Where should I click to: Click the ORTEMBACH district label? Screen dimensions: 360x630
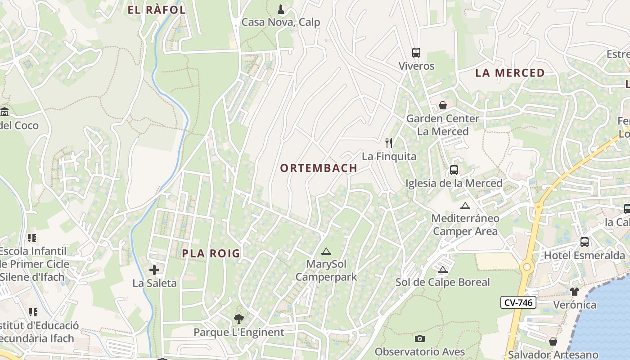pyautogui.click(x=319, y=168)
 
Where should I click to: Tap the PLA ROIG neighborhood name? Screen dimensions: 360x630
pyautogui.click(x=211, y=253)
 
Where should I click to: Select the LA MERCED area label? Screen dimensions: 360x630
pyautogui.click(x=510, y=73)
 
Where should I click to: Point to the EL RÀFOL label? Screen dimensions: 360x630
pyautogui.click(x=157, y=10)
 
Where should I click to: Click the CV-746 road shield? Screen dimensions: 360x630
pyautogui.click(x=518, y=302)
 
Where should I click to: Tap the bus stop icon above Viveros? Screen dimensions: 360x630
pyautogui.click(x=416, y=53)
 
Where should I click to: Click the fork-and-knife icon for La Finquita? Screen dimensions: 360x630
pyautogui.click(x=389, y=143)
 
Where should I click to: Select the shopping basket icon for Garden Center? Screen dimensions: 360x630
pyautogui.click(x=443, y=105)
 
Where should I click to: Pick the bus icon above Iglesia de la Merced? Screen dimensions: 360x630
pyautogui.click(x=454, y=170)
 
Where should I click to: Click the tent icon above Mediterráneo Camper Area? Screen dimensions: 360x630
pyautogui.click(x=465, y=206)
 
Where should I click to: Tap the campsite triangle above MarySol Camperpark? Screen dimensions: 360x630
pyautogui.click(x=326, y=251)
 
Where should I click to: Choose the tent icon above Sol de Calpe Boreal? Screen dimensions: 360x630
pyautogui.click(x=442, y=270)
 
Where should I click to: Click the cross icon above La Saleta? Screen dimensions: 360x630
pyautogui.click(x=154, y=270)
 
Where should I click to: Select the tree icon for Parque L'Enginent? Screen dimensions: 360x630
pyautogui.click(x=238, y=319)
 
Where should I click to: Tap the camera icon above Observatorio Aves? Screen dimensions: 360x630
pyautogui.click(x=419, y=338)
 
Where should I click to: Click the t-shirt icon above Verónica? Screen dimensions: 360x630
pyautogui.click(x=575, y=292)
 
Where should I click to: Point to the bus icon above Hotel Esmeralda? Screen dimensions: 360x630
pyautogui.click(x=584, y=242)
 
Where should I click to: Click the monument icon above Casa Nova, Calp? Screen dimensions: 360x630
pyautogui.click(x=281, y=9)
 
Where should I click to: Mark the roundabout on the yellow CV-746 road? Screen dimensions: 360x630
pyautogui.click(x=526, y=267)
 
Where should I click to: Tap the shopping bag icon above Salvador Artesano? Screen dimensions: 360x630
pyautogui.click(x=553, y=342)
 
